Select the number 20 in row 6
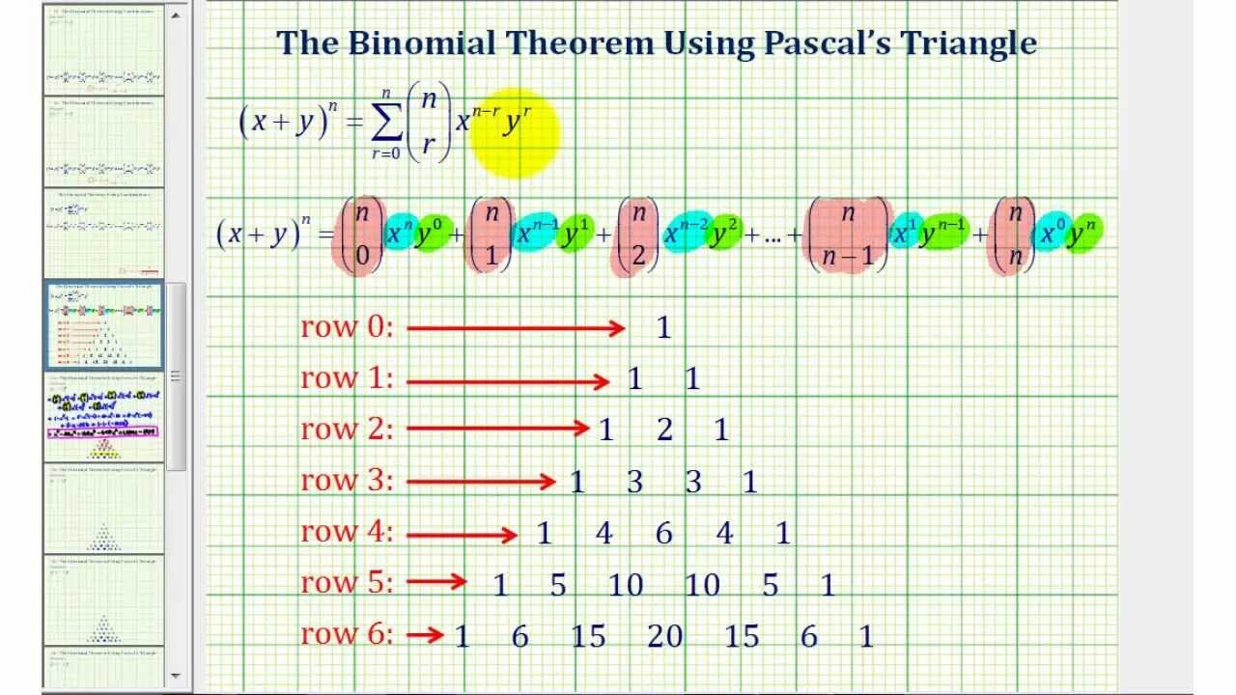coord(664,636)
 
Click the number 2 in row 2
coord(664,430)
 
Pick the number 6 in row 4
coord(664,533)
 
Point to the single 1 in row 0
coord(663,327)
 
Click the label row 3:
coord(347,480)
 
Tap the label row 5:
coord(347,583)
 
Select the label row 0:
coord(347,327)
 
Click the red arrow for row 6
coord(425,635)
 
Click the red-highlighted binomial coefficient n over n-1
coord(848,236)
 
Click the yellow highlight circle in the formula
coord(515,133)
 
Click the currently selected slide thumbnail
coord(104,326)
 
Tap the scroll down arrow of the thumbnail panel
coord(176,676)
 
